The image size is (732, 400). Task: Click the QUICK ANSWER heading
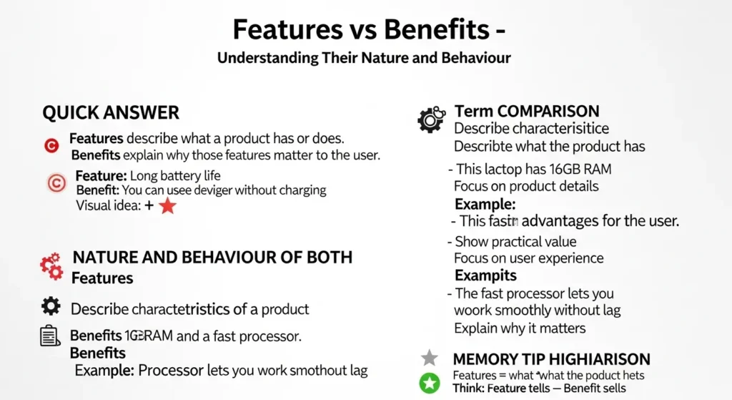pos(111,112)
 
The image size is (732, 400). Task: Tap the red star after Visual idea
pos(167,206)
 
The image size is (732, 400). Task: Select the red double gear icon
pos(51,265)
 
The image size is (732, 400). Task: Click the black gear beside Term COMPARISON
pos(430,119)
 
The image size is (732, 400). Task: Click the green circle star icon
pos(429,383)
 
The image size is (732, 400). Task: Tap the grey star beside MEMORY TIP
pos(429,358)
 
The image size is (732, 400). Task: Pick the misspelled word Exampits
pos(485,275)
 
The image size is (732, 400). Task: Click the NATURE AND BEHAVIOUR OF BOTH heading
pos(213,258)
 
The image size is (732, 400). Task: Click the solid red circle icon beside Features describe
pos(51,146)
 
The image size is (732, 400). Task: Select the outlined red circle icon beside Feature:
pos(56,183)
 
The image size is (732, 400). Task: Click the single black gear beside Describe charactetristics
pos(51,307)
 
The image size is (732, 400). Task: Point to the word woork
pos(473,311)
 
